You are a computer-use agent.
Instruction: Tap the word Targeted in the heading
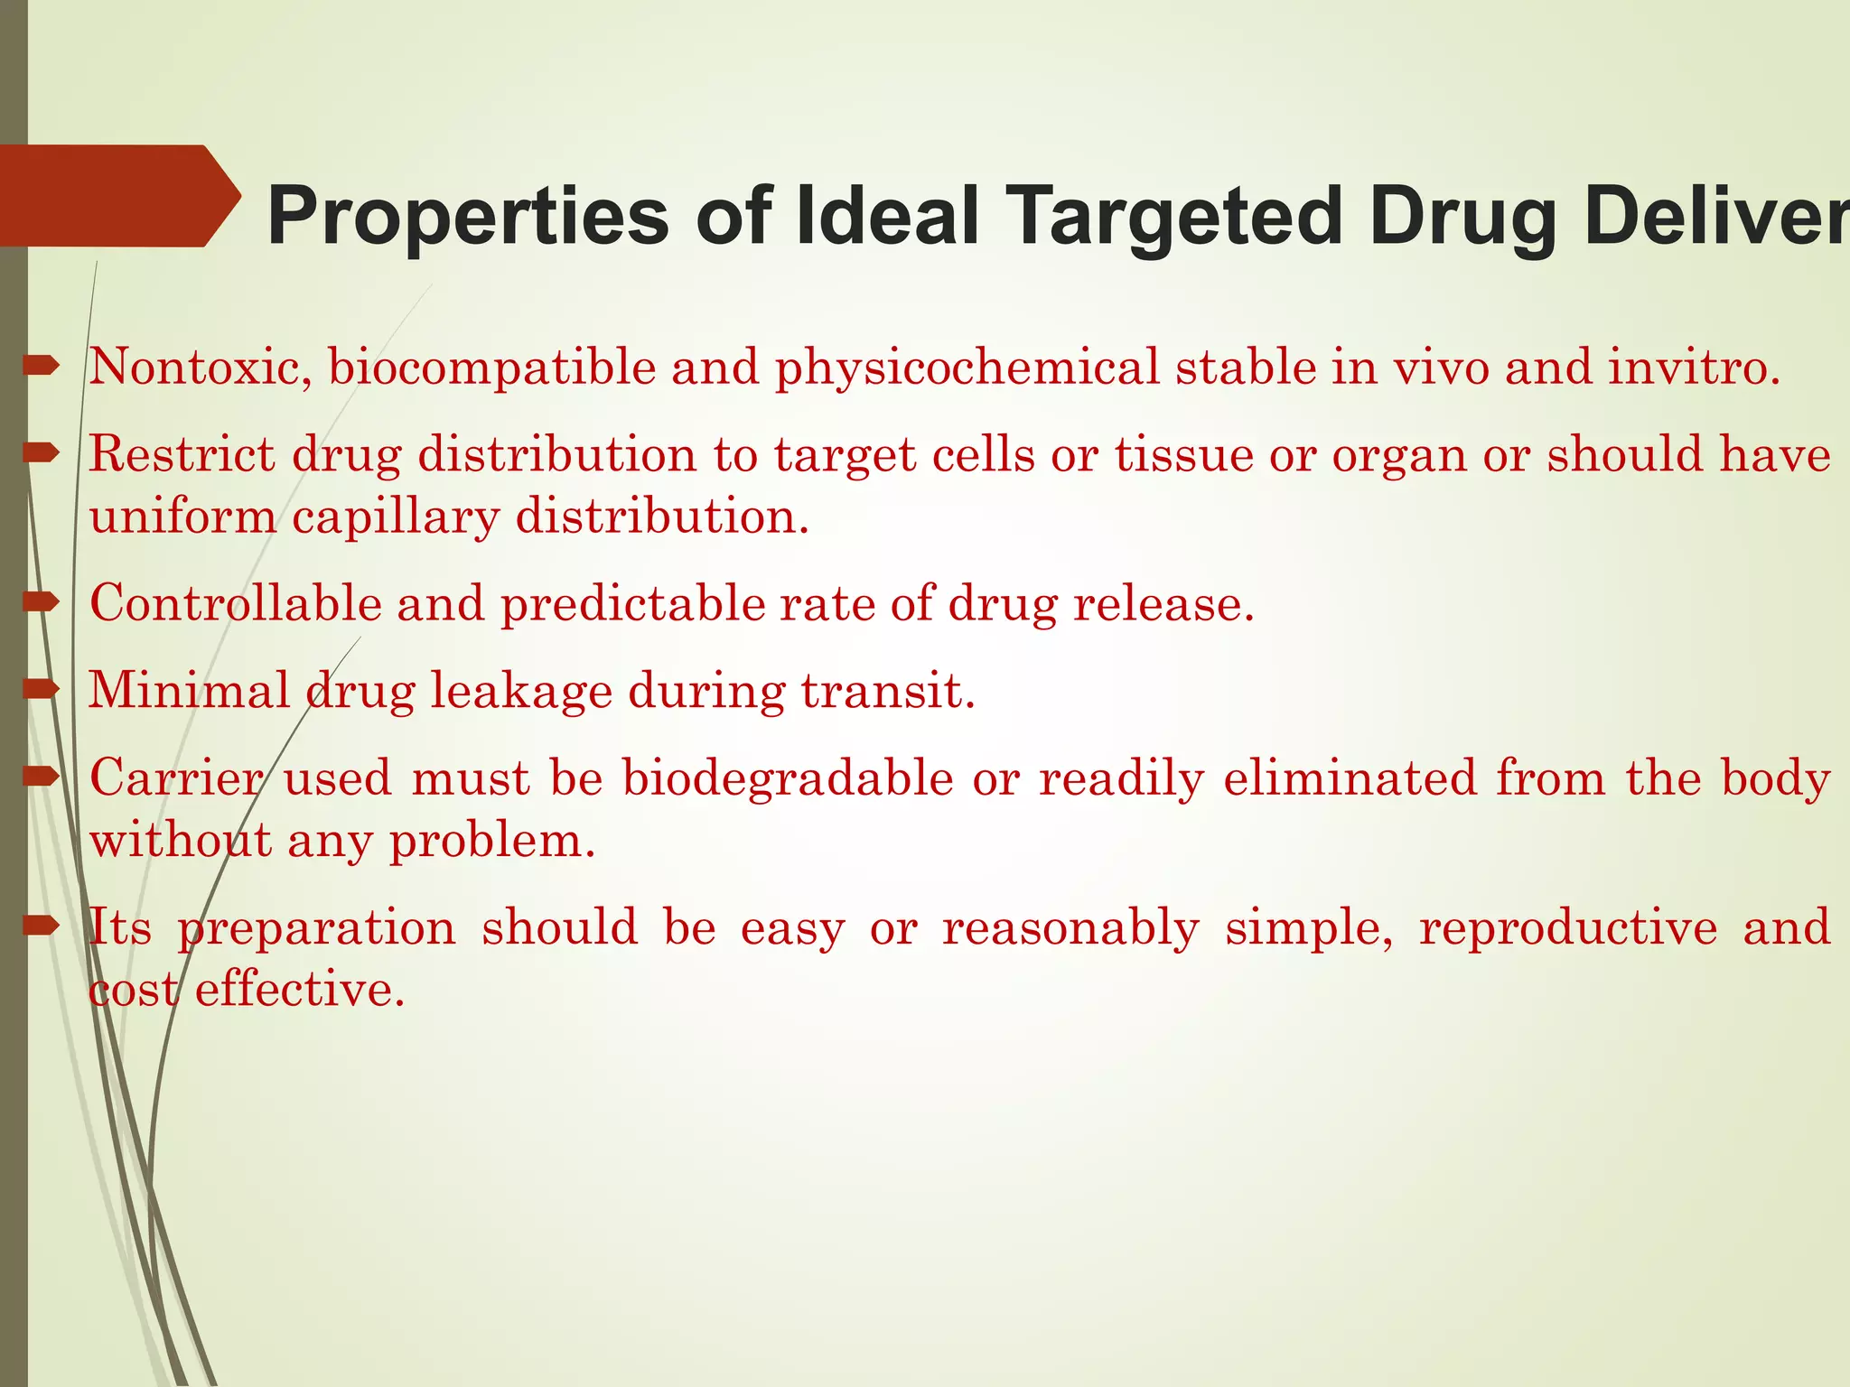click(x=1174, y=217)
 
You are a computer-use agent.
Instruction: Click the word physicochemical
click(x=967, y=368)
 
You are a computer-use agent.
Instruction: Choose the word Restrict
click(x=182, y=454)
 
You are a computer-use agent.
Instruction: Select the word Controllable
click(x=235, y=603)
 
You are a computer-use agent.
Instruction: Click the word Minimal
click(x=188, y=691)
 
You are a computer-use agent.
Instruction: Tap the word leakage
click(x=520, y=691)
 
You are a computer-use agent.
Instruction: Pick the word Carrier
click(x=176, y=777)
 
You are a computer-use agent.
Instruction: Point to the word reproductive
click(x=1568, y=927)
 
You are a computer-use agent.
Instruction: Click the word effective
click(x=299, y=990)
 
